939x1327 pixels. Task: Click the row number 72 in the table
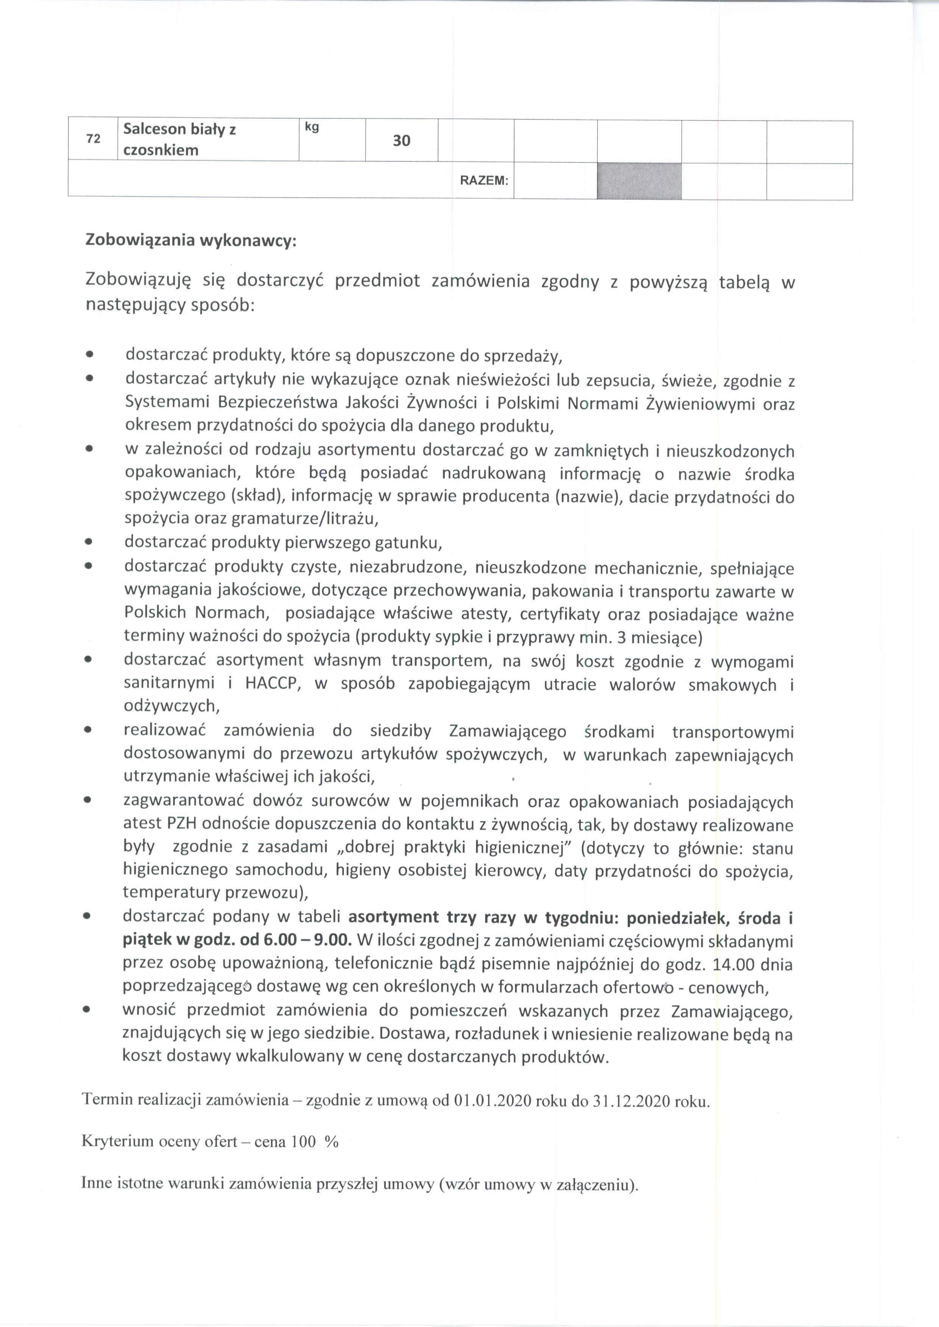92,139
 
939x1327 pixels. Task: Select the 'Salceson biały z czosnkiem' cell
179,139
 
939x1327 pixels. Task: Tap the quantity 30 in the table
401,140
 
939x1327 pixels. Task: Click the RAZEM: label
484,181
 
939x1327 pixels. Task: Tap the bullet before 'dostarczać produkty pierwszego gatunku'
89,543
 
